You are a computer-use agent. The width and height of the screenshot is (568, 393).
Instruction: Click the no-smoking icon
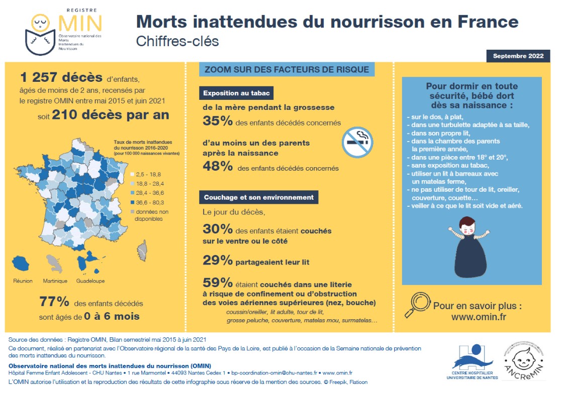click(357, 143)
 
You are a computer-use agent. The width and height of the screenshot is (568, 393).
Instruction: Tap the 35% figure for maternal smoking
click(217, 121)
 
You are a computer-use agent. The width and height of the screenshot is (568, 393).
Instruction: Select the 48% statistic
click(217, 167)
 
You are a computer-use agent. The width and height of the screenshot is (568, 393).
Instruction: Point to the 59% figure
click(217, 282)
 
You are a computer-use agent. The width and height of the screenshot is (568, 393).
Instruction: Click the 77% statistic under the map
click(54, 302)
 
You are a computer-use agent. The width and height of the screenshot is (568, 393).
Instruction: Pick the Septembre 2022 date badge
click(518, 56)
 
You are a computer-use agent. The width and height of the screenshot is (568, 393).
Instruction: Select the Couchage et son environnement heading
click(258, 197)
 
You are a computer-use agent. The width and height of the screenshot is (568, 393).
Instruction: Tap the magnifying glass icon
click(418, 304)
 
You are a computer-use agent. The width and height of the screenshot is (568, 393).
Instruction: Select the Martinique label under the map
click(55, 281)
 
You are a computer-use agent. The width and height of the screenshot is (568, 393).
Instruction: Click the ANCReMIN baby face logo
click(525, 360)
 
